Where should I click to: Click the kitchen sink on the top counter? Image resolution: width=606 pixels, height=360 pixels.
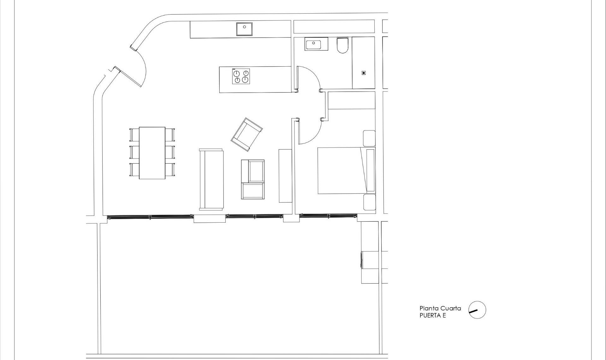click(244, 29)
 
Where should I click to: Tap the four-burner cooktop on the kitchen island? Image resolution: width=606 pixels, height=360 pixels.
click(241, 76)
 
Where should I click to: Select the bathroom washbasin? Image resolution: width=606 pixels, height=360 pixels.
click(316, 44)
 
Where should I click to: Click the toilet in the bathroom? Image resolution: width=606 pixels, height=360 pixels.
click(342, 45)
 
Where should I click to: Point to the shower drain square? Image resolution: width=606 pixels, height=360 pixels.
click(364, 73)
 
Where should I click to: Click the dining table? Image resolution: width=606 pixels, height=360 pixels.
click(152, 153)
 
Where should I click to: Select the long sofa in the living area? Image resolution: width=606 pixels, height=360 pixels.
click(211, 179)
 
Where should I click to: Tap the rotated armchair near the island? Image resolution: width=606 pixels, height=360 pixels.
click(247, 134)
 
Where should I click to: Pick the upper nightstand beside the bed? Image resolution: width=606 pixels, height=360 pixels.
click(369, 138)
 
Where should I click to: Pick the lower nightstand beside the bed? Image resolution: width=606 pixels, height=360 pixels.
click(369, 202)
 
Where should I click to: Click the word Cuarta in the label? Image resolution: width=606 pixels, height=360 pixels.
click(450, 308)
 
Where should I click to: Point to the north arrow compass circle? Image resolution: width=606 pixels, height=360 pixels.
click(477, 310)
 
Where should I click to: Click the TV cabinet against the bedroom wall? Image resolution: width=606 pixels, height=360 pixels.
click(286, 176)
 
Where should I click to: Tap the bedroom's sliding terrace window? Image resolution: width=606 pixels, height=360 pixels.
click(328, 216)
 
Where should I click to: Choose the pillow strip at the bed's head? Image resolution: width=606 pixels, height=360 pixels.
click(370, 171)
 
